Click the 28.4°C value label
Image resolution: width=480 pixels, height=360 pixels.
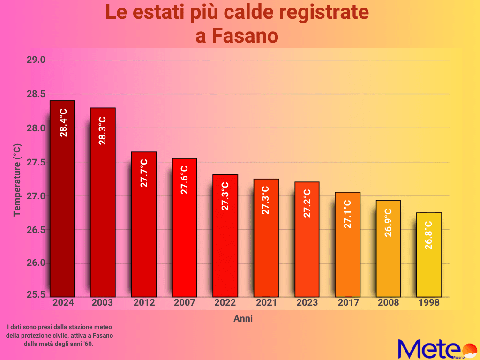tap(63, 122)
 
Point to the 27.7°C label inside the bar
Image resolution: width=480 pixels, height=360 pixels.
tap(144, 173)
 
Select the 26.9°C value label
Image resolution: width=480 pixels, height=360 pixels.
tap(388, 222)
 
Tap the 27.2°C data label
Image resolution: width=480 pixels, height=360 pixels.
tap(307, 203)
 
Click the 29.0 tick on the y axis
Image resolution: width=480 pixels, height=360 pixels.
tap(36, 60)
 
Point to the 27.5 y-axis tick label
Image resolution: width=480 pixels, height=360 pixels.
tap(36, 162)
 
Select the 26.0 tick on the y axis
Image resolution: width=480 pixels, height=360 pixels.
tap(36, 263)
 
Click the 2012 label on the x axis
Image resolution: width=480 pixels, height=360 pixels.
tap(144, 303)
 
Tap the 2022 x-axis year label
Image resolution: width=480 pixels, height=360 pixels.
tap(225, 303)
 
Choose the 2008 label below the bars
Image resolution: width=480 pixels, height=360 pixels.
tap(388, 303)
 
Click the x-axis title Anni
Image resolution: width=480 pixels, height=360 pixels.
tap(243, 319)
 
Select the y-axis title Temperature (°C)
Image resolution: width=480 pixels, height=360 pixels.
tap(17, 180)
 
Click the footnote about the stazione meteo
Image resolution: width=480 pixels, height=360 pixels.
tap(60, 335)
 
